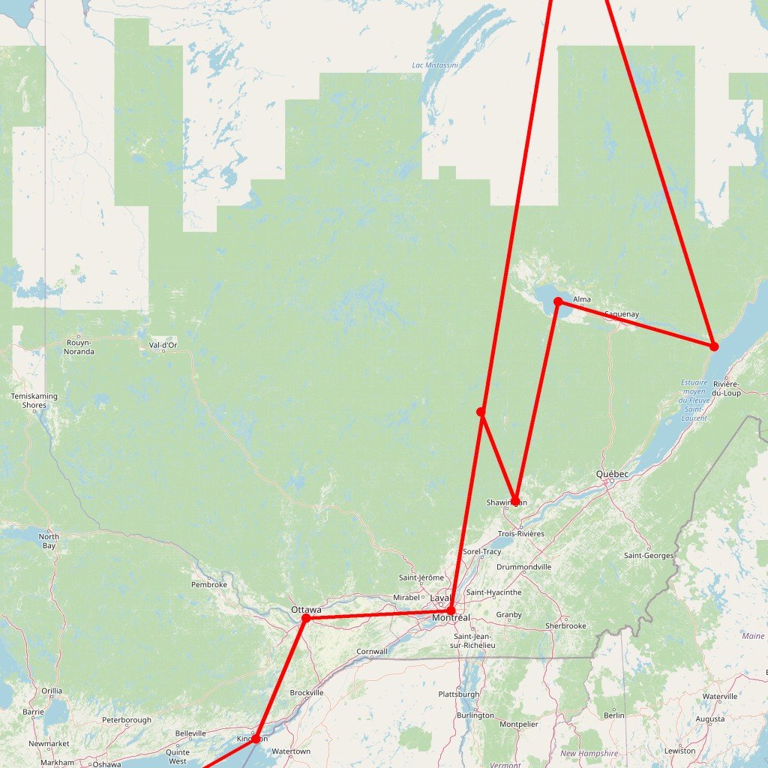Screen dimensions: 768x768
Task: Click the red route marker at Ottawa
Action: [306, 618]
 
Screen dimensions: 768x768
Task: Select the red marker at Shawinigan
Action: [515, 502]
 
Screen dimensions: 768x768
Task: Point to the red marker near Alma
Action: [558, 301]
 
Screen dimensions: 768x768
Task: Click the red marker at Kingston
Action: [255, 739]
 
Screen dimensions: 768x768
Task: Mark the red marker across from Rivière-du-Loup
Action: [714, 346]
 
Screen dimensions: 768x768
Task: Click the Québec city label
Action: [612, 474]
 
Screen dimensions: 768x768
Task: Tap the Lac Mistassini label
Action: [435, 65]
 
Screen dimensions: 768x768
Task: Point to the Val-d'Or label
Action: [163, 346]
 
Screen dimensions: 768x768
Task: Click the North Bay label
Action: [49, 541]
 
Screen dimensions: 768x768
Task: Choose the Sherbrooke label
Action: [565, 625]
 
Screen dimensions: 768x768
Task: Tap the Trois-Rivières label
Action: [521, 534]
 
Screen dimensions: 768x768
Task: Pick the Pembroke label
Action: [209, 584]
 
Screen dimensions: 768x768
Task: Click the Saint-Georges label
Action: [649, 556]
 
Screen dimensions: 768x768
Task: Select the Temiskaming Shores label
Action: [29, 400]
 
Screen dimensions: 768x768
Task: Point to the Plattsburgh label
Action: [459, 694]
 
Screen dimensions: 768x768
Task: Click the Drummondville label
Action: [524, 567]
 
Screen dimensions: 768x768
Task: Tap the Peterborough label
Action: [127, 720]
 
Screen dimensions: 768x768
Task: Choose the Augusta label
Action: [710, 719]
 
